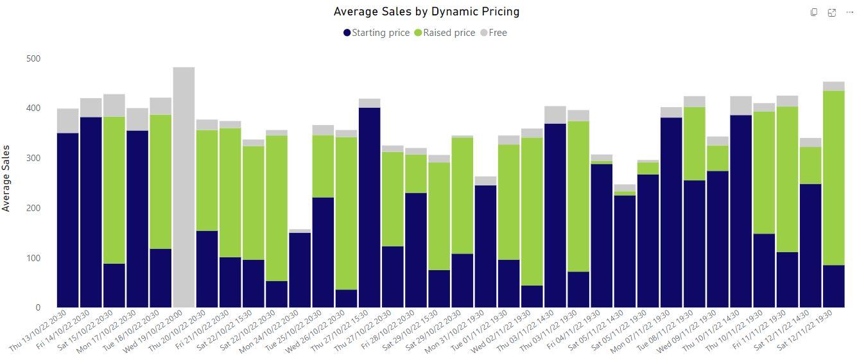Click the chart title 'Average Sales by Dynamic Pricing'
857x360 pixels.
(x=426, y=12)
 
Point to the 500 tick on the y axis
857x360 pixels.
(x=33, y=58)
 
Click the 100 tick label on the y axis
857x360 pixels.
(x=33, y=258)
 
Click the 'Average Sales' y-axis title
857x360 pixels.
(x=6, y=178)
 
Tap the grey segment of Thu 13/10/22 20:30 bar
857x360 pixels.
(x=67, y=121)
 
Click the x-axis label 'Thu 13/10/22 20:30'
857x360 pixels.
(x=39, y=331)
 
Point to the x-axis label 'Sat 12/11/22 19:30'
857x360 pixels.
(x=806, y=330)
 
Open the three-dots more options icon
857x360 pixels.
(x=849, y=12)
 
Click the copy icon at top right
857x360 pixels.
(x=813, y=12)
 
